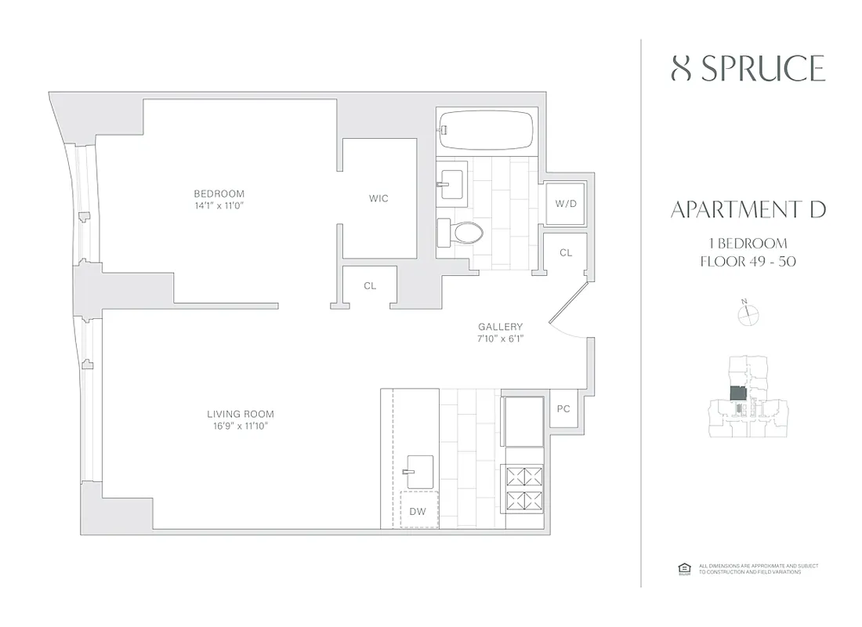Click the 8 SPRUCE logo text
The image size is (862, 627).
pos(748,69)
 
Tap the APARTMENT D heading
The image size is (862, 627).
pos(748,209)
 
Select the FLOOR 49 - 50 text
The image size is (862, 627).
pos(748,261)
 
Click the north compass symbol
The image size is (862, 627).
pos(749,313)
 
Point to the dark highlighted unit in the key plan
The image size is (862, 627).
pos(737,393)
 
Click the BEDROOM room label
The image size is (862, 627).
pos(219,194)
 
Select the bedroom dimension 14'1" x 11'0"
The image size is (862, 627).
pos(219,206)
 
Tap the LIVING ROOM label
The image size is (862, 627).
pos(241,414)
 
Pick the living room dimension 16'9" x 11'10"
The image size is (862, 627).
pos(241,426)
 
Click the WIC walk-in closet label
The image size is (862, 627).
pos(378,198)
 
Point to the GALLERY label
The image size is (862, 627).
pos(501,327)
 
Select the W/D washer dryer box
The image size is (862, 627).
pos(565,204)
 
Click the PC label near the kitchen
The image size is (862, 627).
pos(563,409)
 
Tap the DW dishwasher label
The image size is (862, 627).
pos(418,512)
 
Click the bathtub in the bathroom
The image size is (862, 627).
pos(487,129)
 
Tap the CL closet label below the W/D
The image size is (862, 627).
pos(565,253)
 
